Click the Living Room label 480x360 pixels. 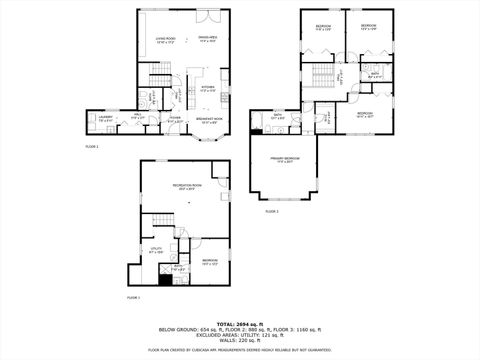165,41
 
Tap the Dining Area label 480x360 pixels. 208,41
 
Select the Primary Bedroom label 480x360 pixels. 284,159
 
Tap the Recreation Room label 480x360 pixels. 188,186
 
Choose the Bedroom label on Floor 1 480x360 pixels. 208,262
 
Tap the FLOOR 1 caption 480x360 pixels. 133,298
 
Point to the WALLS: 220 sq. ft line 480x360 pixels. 240,341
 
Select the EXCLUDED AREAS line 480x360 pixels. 240,334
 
